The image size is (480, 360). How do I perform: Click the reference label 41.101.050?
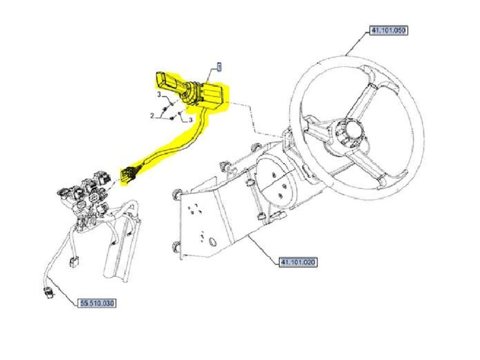pyautogui.click(x=389, y=30)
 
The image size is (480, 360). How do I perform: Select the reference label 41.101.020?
pyautogui.click(x=298, y=262)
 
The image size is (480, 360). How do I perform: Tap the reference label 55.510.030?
pyautogui.click(x=97, y=303)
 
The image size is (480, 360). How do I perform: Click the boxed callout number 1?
pyautogui.click(x=219, y=67)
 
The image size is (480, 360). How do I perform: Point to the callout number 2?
pyautogui.click(x=152, y=116)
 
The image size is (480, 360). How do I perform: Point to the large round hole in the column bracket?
pyautogui.click(x=212, y=241)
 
